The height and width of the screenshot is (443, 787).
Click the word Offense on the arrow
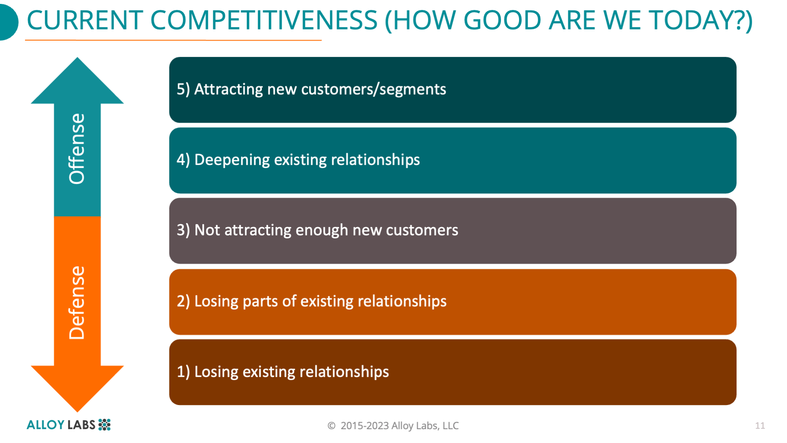[77, 149]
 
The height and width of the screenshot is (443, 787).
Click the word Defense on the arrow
[77, 303]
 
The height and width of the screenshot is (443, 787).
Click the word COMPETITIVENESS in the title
[264, 20]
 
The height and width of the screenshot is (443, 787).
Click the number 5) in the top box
[183, 89]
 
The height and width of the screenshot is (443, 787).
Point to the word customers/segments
[373, 89]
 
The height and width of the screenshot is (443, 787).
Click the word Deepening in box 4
[232, 160]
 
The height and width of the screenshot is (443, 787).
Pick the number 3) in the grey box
[183, 230]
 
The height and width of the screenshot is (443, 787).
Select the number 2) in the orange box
[183, 301]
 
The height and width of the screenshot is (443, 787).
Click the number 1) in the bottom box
[183, 372]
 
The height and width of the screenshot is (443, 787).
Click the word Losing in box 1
[216, 372]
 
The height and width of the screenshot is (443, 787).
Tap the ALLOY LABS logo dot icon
[104, 424]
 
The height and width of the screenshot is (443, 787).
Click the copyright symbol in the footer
[331, 426]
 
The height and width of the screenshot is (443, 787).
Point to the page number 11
[760, 426]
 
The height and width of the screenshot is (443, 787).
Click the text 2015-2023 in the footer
[365, 426]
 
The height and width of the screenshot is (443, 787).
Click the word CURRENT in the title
[85, 20]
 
